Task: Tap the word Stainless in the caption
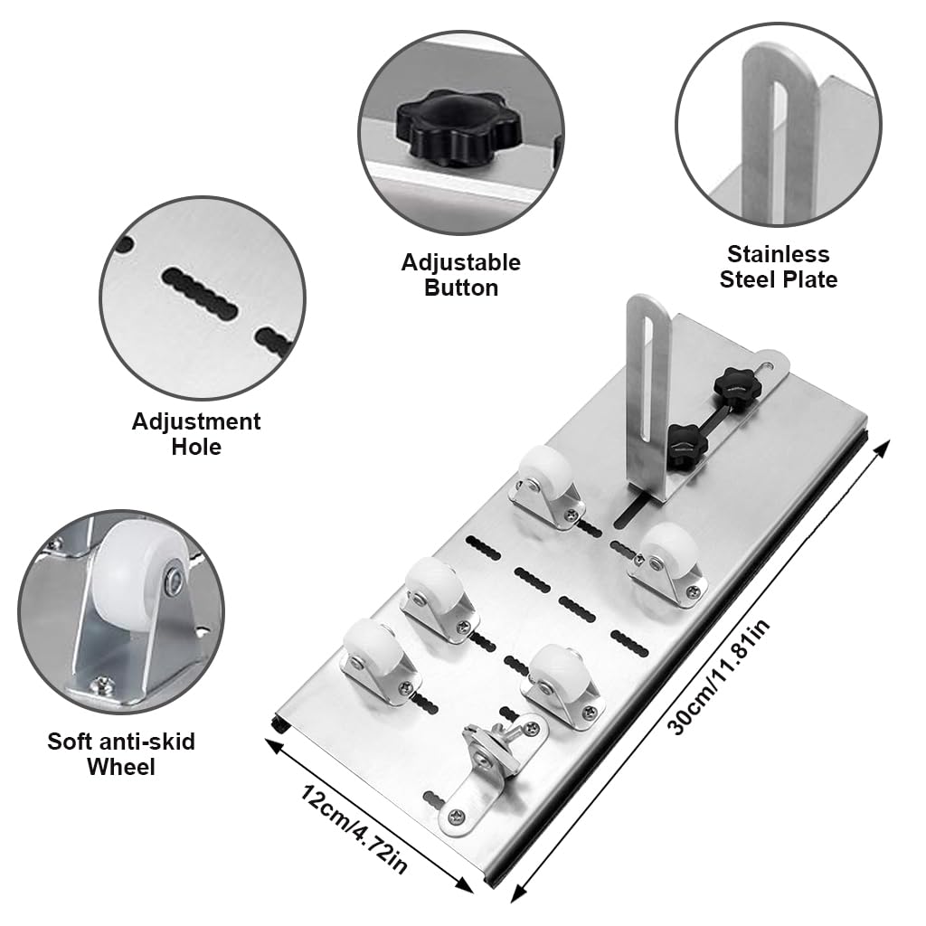coord(778,254)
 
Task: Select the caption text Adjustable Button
coord(461,275)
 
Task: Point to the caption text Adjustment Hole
coord(196,433)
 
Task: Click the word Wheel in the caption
coord(121,767)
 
